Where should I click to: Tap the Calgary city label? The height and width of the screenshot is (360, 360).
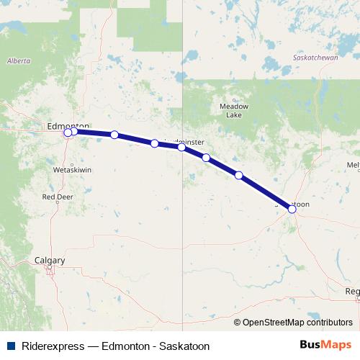click(x=50, y=260)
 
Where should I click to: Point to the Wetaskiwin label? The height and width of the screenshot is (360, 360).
click(x=71, y=170)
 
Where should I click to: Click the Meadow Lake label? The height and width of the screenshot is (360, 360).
click(x=233, y=110)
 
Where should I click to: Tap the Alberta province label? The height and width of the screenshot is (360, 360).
click(x=19, y=61)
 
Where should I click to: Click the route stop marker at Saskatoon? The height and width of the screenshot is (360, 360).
click(x=292, y=209)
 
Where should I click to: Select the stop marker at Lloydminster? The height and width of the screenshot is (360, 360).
click(x=181, y=147)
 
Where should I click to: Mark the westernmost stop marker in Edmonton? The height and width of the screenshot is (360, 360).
click(x=68, y=132)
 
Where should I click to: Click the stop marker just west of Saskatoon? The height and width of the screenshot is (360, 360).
click(x=239, y=175)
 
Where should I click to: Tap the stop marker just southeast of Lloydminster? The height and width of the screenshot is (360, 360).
click(x=206, y=158)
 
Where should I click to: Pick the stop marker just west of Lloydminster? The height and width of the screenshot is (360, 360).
click(x=155, y=143)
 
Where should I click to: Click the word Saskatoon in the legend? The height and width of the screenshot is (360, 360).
click(x=185, y=346)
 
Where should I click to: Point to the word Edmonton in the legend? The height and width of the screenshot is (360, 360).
click(x=127, y=346)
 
